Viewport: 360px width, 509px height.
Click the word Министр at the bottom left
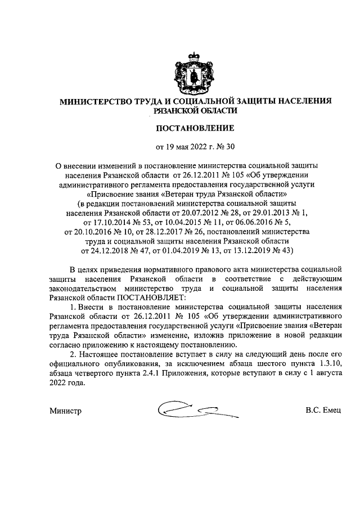[66, 411]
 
